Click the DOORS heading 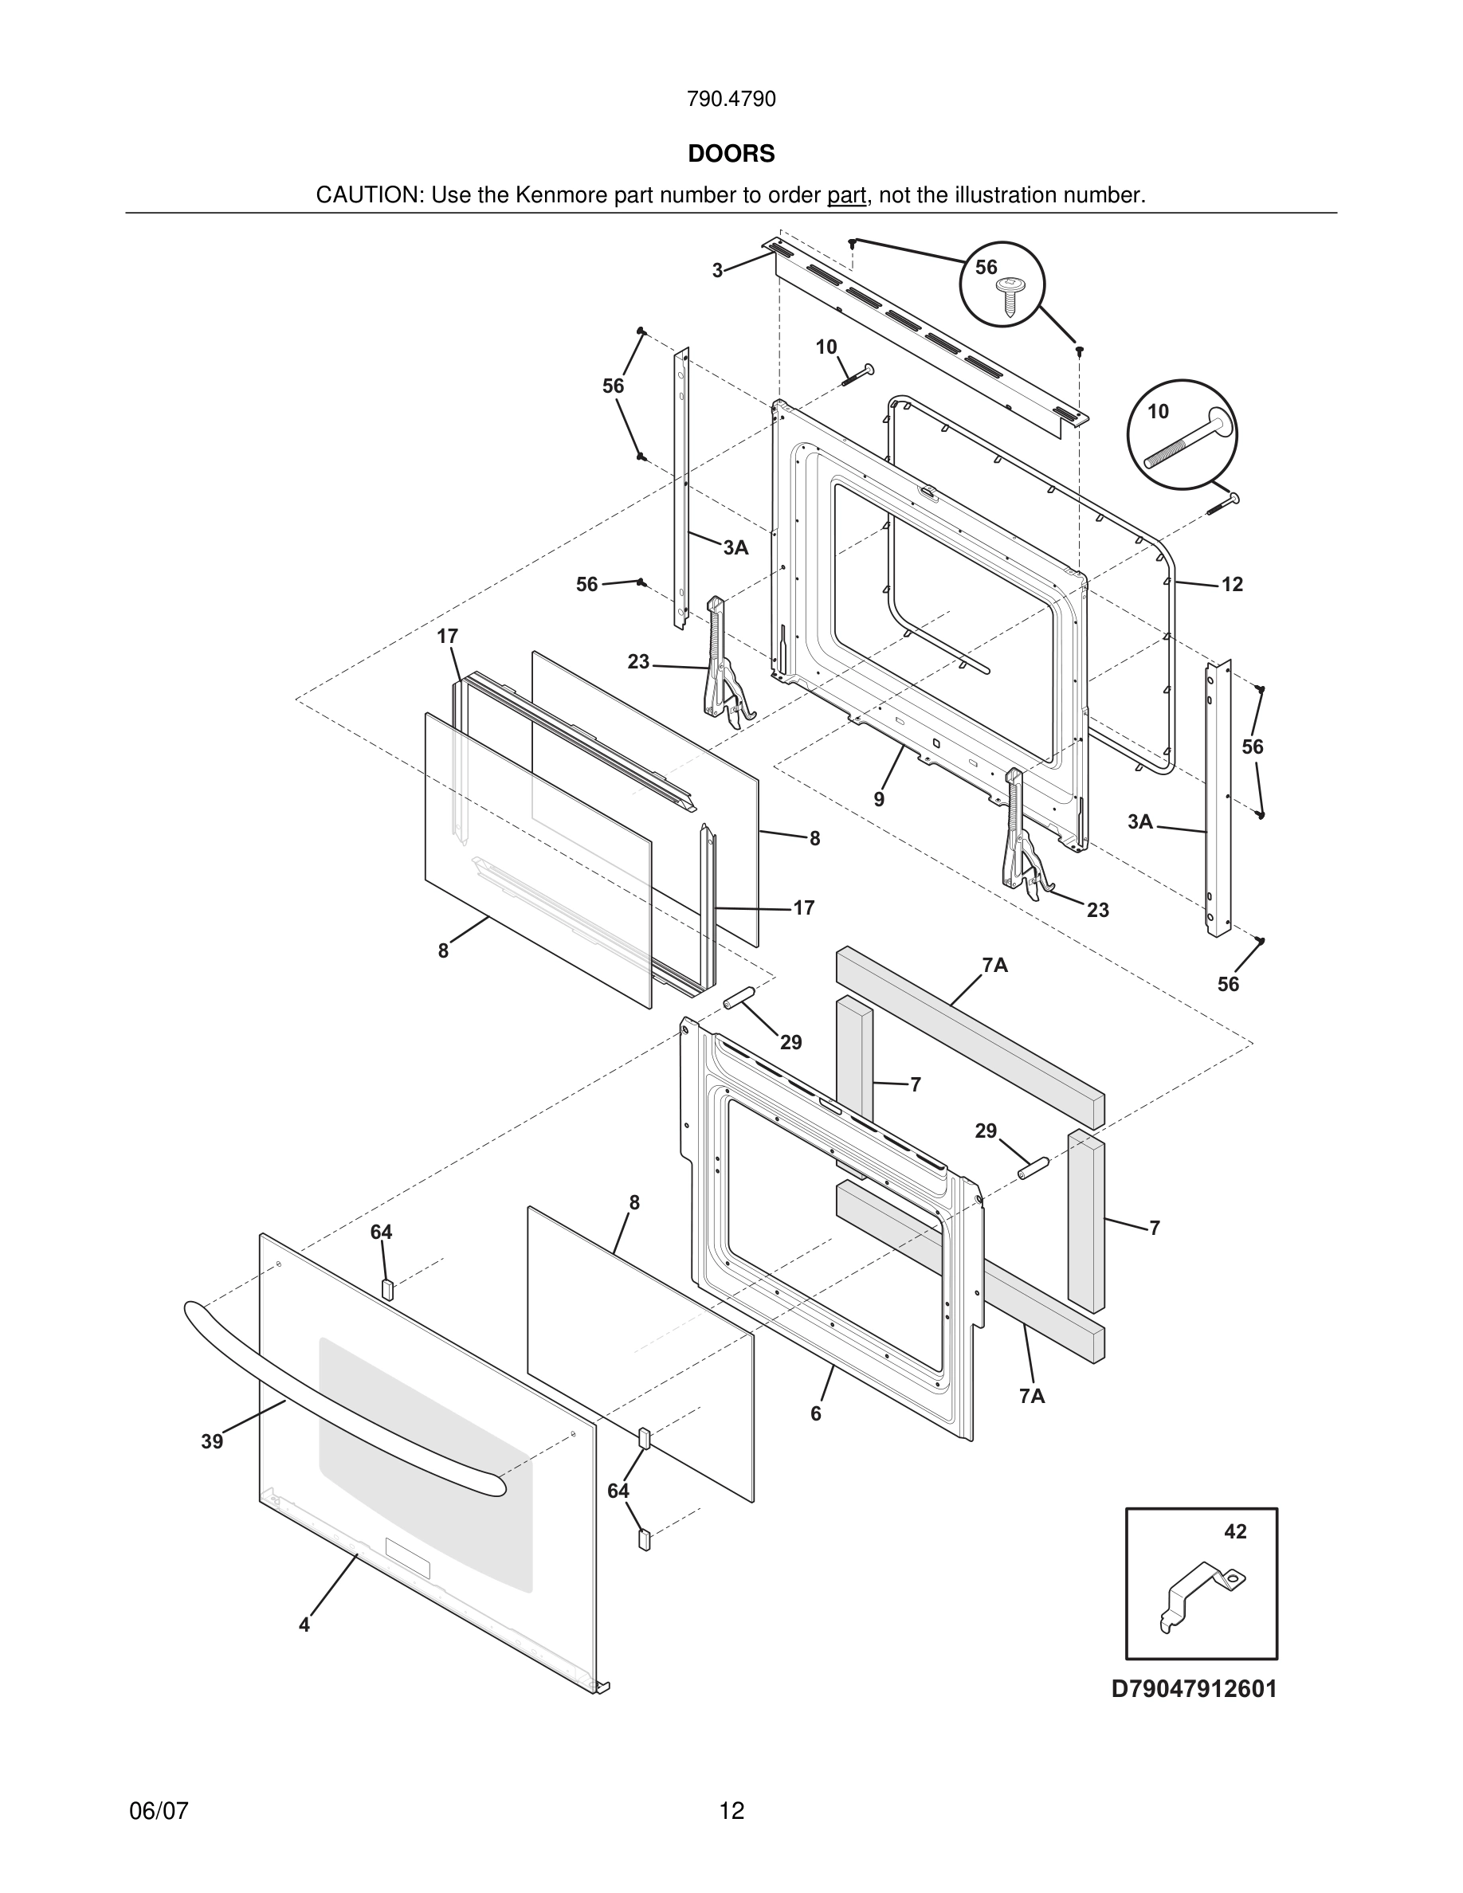[x=731, y=154]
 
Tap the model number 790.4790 [x=731, y=100]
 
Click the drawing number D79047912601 [x=1194, y=1689]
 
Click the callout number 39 [x=212, y=1441]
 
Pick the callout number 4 [x=304, y=1625]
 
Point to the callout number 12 [x=1232, y=584]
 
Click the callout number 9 [x=879, y=799]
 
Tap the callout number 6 [x=816, y=1413]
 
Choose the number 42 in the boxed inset [x=1235, y=1531]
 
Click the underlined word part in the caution [x=846, y=196]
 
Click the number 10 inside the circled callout [x=1159, y=412]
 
